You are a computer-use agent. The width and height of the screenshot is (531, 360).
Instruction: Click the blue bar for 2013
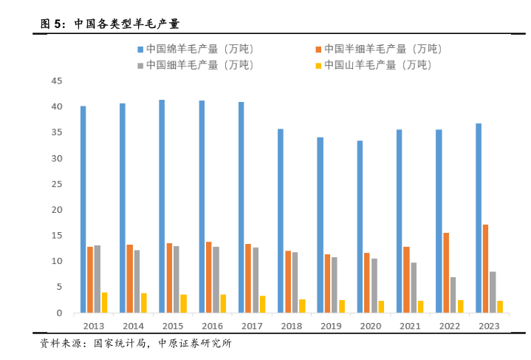tap(83, 209)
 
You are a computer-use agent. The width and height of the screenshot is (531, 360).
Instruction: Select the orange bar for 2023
tap(485, 268)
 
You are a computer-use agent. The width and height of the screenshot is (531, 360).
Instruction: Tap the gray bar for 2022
tap(453, 295)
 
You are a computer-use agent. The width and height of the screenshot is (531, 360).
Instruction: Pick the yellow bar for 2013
tap(104, 302)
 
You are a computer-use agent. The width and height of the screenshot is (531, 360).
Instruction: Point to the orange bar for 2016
tap(209, 277)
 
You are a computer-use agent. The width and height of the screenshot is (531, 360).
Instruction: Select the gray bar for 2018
tap(295, 282)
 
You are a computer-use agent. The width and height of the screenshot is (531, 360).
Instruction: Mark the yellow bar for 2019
tap(341, 306)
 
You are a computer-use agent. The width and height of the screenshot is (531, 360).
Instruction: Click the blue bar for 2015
tap(162, 206)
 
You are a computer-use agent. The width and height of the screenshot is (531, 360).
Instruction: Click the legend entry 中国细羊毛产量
tap(195, 65)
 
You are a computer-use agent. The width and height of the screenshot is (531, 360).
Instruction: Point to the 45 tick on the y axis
tap(57, 81)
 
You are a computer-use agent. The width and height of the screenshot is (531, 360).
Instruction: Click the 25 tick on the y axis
tap(57, 184)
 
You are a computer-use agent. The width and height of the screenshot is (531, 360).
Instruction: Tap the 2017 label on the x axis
tap(251, 326)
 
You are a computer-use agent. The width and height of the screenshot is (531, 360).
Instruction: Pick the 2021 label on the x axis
tap(409, 326)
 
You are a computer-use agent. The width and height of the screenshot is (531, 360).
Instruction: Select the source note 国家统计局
tap(120, 343)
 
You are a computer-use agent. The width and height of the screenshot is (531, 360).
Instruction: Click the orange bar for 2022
tap(446, 273)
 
